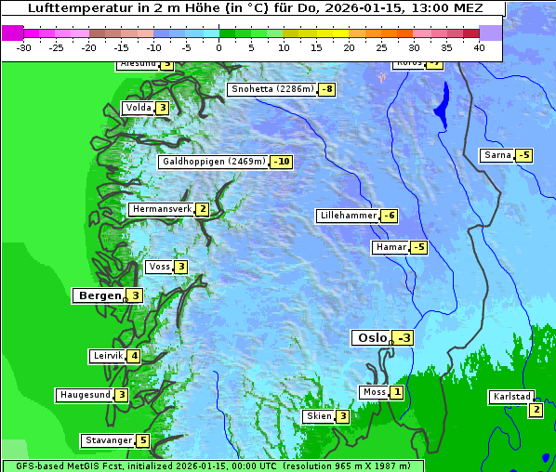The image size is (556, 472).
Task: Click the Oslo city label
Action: [x=371, y=338]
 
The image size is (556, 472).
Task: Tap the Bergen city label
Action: [x=99, y=295]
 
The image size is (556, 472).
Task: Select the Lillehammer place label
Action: [x=348, y=216]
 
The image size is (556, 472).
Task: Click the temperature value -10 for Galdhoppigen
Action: [x=281, y=162]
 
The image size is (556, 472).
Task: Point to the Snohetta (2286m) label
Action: [x=271, y=89]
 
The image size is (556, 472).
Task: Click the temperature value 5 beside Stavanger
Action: [x=142, y=440]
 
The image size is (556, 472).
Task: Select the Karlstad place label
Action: [x=512, y=397]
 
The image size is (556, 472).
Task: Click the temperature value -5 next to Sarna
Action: [x=523, y=155]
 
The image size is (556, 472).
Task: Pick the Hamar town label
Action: [x=390, y=247]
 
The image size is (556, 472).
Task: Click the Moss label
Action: [x=374, y=392]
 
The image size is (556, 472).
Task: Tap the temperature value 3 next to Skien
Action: [x=342, y=416]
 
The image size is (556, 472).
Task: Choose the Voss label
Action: [x=159, y=267]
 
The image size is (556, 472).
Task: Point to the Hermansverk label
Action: [x=162, y=209]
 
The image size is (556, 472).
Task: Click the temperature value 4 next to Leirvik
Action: [x=134, y=356]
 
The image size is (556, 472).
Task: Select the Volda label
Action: [x=138, y=108]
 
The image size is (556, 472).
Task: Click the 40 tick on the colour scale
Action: [x=479, y=46]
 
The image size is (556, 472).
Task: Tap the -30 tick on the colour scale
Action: [x=23, y=46]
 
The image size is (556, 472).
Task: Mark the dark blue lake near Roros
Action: [x=440, y=105]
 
